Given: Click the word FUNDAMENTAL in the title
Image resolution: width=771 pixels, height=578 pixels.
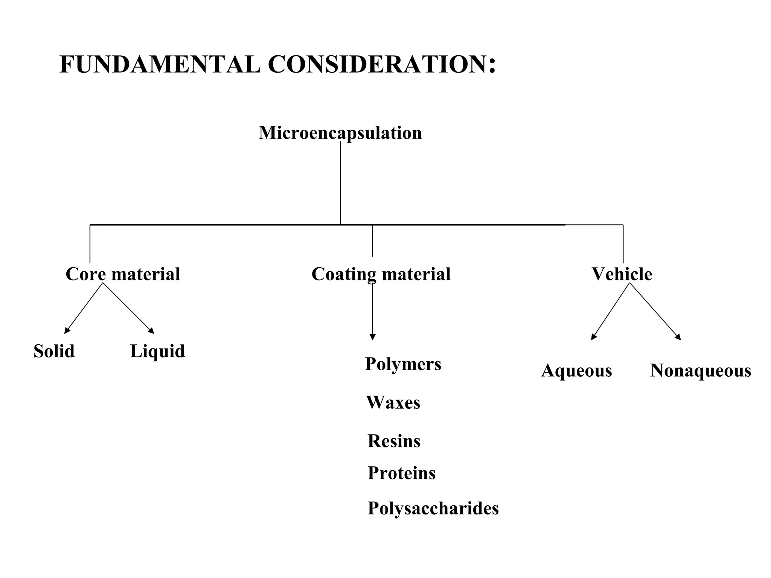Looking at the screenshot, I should coord(160,65).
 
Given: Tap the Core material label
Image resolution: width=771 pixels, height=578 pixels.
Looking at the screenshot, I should coord(123,274).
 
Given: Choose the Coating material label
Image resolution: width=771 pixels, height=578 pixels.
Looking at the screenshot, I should coord(381,274).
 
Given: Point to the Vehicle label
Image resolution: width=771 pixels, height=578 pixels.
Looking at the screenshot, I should coord(622,274).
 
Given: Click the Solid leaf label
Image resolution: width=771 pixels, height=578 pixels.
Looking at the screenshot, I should coord(54,351).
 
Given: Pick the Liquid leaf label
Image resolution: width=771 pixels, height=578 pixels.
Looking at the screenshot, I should coord(157,351).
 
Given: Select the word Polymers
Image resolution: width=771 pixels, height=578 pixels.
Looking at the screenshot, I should coord(403,364).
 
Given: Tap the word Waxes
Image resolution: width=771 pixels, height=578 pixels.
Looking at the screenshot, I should coord(393,403).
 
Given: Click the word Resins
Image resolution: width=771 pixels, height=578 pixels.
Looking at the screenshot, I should coord(394,441).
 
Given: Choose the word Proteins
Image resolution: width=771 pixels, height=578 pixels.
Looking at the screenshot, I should coord(401,473).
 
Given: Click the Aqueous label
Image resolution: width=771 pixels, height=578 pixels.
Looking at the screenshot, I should coord(576,371).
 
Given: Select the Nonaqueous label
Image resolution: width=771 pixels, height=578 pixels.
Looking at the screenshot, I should coord(701,371).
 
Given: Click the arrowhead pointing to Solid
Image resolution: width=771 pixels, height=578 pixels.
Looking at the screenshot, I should coord(67,331).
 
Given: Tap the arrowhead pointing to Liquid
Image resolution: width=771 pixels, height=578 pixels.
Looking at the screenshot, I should coord(151,331).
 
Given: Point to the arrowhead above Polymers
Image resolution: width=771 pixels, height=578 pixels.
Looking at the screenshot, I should coord(372,337).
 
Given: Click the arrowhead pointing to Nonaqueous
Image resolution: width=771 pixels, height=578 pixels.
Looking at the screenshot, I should coord(678,337).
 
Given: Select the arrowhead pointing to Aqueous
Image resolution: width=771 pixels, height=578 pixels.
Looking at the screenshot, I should coord(593,337).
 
